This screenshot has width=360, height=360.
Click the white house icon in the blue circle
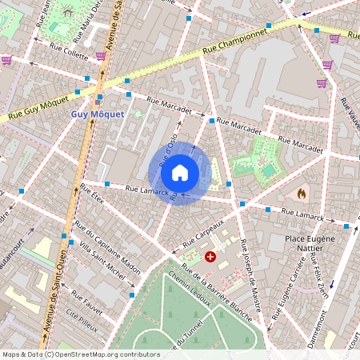point(180,172)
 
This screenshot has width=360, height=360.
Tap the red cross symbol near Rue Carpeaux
point(210,257)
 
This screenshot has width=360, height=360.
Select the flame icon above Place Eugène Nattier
point(302,194)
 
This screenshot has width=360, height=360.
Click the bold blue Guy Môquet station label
point(98,114)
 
